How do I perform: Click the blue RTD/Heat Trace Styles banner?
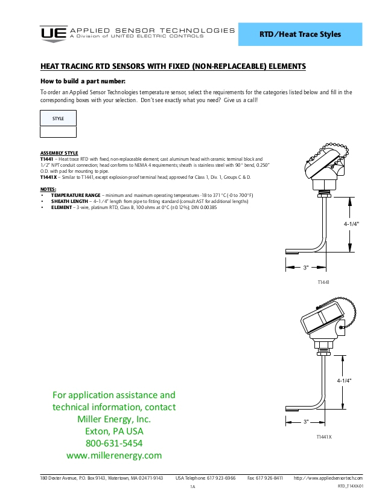(x=300, y=34)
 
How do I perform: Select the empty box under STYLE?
(x=58, y=132)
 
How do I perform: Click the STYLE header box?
(x=58, y=118)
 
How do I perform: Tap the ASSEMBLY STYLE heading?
(x=59, y=153)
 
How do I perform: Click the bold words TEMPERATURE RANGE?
(x=75, y=196)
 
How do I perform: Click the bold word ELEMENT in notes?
(x=62, y=207)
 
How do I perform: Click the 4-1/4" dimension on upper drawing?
(x=352, y=224)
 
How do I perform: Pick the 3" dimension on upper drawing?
(x=306, y=266)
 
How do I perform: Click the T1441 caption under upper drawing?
(x=323, y=282)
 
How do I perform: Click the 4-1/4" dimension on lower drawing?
(x=344, y=381)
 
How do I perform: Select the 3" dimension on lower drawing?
(x=306, y=421)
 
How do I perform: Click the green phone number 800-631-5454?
(x=114, y=443)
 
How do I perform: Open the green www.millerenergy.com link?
(x=114, y=456)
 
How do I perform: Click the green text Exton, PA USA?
(x=114, y=431)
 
